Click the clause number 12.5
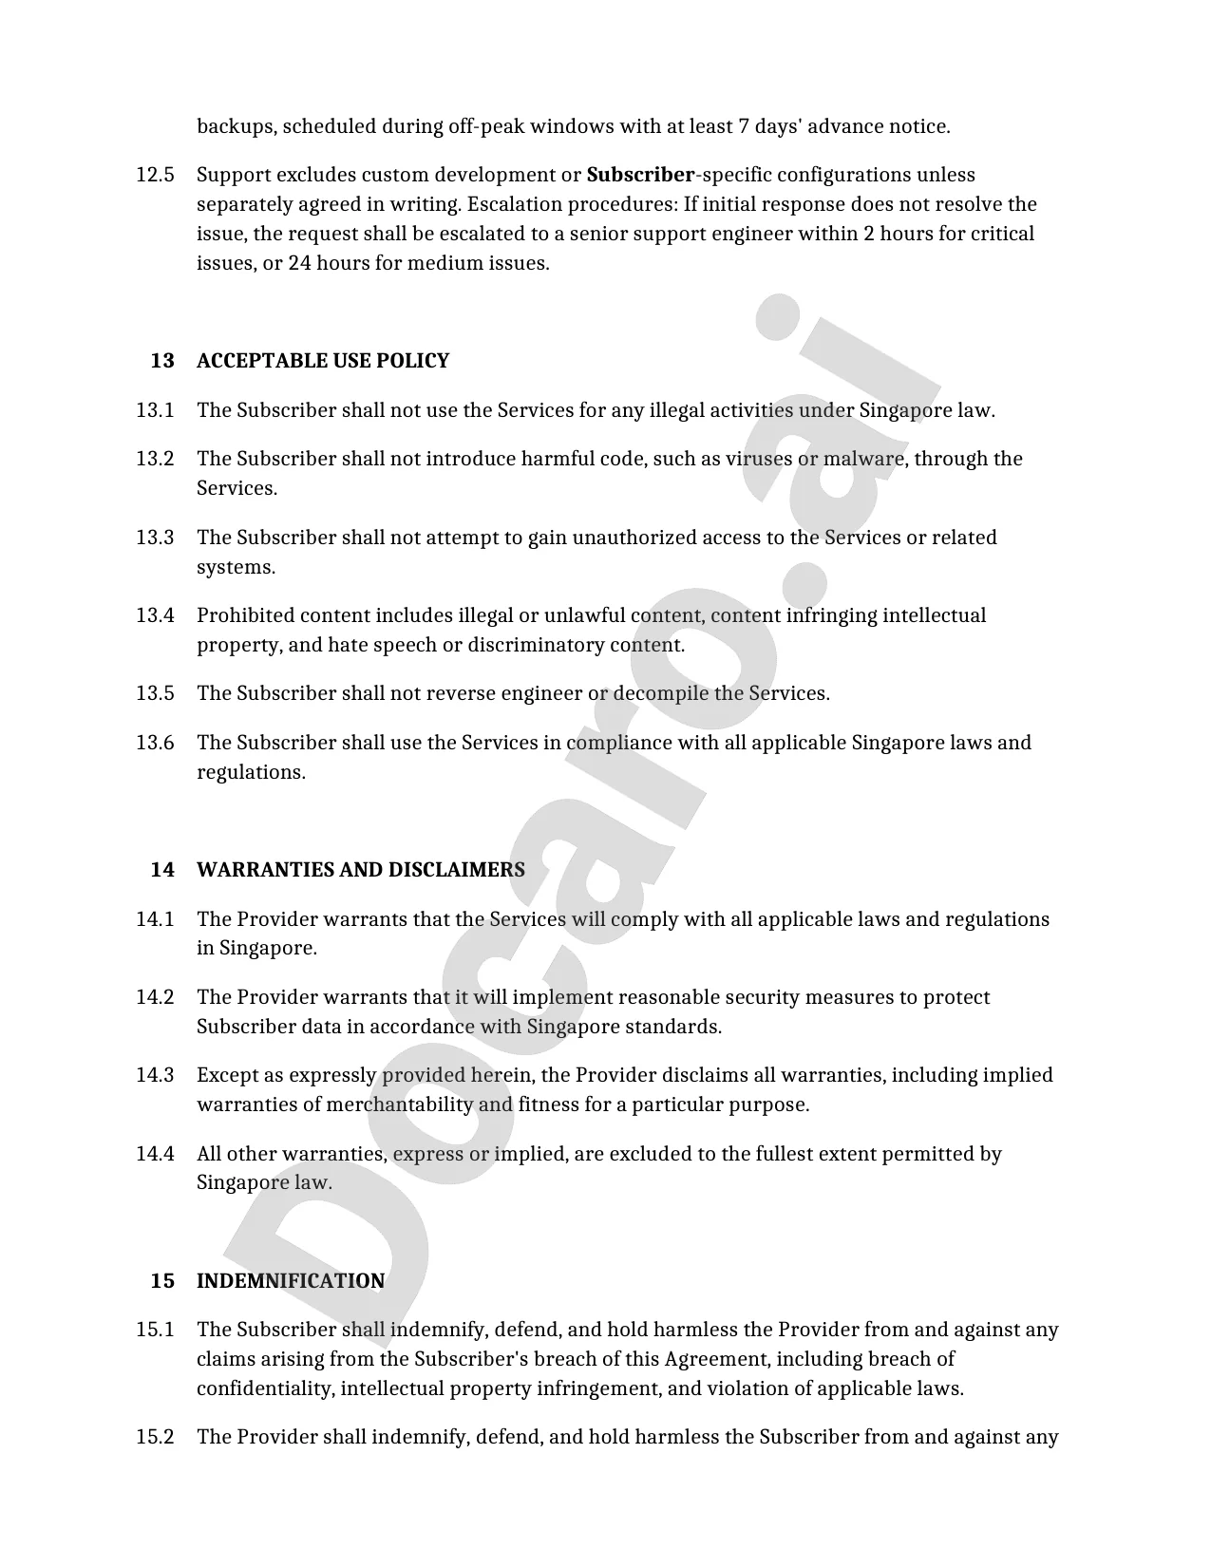coord(155,175)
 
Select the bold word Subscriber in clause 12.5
coord(640,175)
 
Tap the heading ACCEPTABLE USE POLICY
coord(322,361)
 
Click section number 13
coord(162,361)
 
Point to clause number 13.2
coord(155,459)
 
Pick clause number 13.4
coord(155,615)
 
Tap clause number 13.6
coord(155,743)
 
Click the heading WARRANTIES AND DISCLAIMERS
coord(360,870)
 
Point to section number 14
coord(162,870)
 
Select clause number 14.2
coord(155,997)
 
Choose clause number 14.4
coord(155,1154)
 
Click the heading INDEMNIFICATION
coord(291,1281)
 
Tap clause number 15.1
coord(155,1330)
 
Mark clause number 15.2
coord(155,1437)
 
